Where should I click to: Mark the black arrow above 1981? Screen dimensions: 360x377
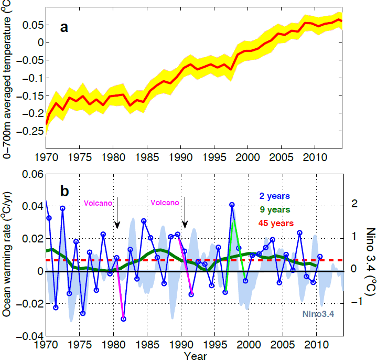tap(117, 213)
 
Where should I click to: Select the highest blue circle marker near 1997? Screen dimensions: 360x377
tap(232, 205)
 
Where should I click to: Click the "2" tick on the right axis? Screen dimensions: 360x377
tap(352, 204)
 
